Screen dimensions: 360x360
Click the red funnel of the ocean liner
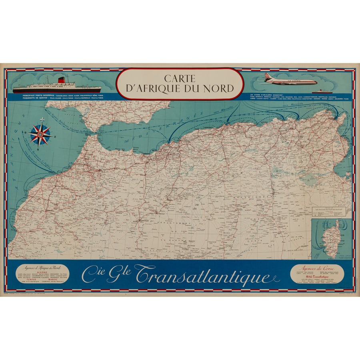click(61, 80)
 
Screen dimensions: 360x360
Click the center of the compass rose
click(40, 134)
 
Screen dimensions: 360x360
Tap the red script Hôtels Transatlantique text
click(319, 276)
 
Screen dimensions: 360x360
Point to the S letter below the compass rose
click(40, 147)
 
